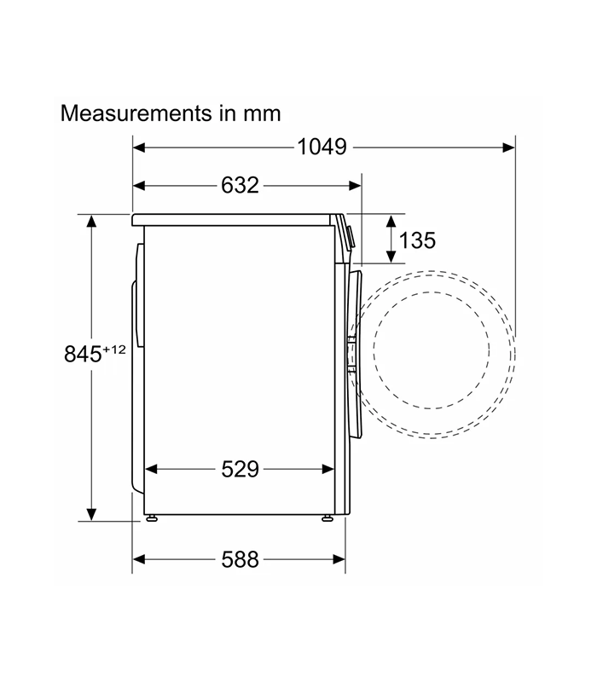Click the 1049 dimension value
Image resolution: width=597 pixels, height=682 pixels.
pyautogui.click(x=322, y=147)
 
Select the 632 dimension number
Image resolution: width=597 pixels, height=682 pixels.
pyautogui.click(x=240, y=185)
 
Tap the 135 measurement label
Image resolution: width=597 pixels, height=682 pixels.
pyautogui.click(x=417, y=240)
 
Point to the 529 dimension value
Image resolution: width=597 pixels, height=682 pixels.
pyautogui.click(x=240, y=470)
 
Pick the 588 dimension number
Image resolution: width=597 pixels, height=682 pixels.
pyautogui.click(x=240, y=559)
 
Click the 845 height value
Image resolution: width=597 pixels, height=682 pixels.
pyautogui.click(x=83, y=354)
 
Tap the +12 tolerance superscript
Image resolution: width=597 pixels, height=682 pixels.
pyautogui.click(x=114, y=350)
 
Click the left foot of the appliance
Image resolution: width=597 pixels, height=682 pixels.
pyautogui.click(x=152, y=518)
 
